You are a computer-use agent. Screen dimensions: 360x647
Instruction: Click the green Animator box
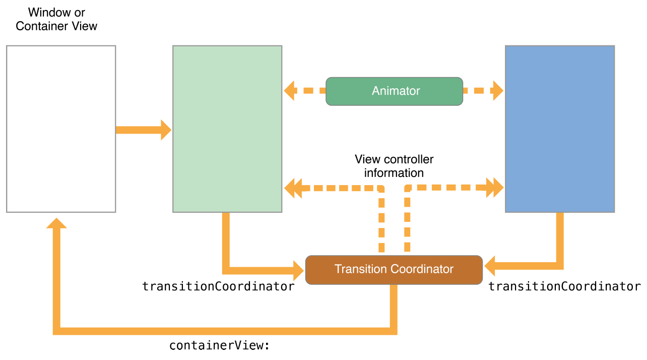pos(394,91)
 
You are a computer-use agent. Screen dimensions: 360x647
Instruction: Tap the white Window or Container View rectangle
pos(61,129)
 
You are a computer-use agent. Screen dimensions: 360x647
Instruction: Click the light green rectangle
pos(227,129)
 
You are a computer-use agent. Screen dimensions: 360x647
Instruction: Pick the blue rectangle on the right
pos(559,129)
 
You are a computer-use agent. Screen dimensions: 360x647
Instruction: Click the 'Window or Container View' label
pos(56,19)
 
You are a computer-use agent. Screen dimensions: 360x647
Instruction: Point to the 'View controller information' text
pos(394,166)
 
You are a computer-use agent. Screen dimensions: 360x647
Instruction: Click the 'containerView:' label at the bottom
pos(220,346)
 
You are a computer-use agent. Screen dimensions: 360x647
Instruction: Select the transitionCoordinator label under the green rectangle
pos(218,286)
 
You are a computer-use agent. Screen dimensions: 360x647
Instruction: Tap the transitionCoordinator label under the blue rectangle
pos(564,286)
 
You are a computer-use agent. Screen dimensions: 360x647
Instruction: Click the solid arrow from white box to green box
pos(144,130)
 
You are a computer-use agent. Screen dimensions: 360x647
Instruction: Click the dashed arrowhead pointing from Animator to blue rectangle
pos(497,91)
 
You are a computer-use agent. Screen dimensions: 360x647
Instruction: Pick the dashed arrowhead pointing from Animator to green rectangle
pos(290,91)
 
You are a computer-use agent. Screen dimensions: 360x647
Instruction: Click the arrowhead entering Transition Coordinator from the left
pos(298,270)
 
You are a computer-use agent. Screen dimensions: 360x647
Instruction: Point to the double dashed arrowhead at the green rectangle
pos(293,188)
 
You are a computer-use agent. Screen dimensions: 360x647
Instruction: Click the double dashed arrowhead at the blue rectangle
pos(495,188)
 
